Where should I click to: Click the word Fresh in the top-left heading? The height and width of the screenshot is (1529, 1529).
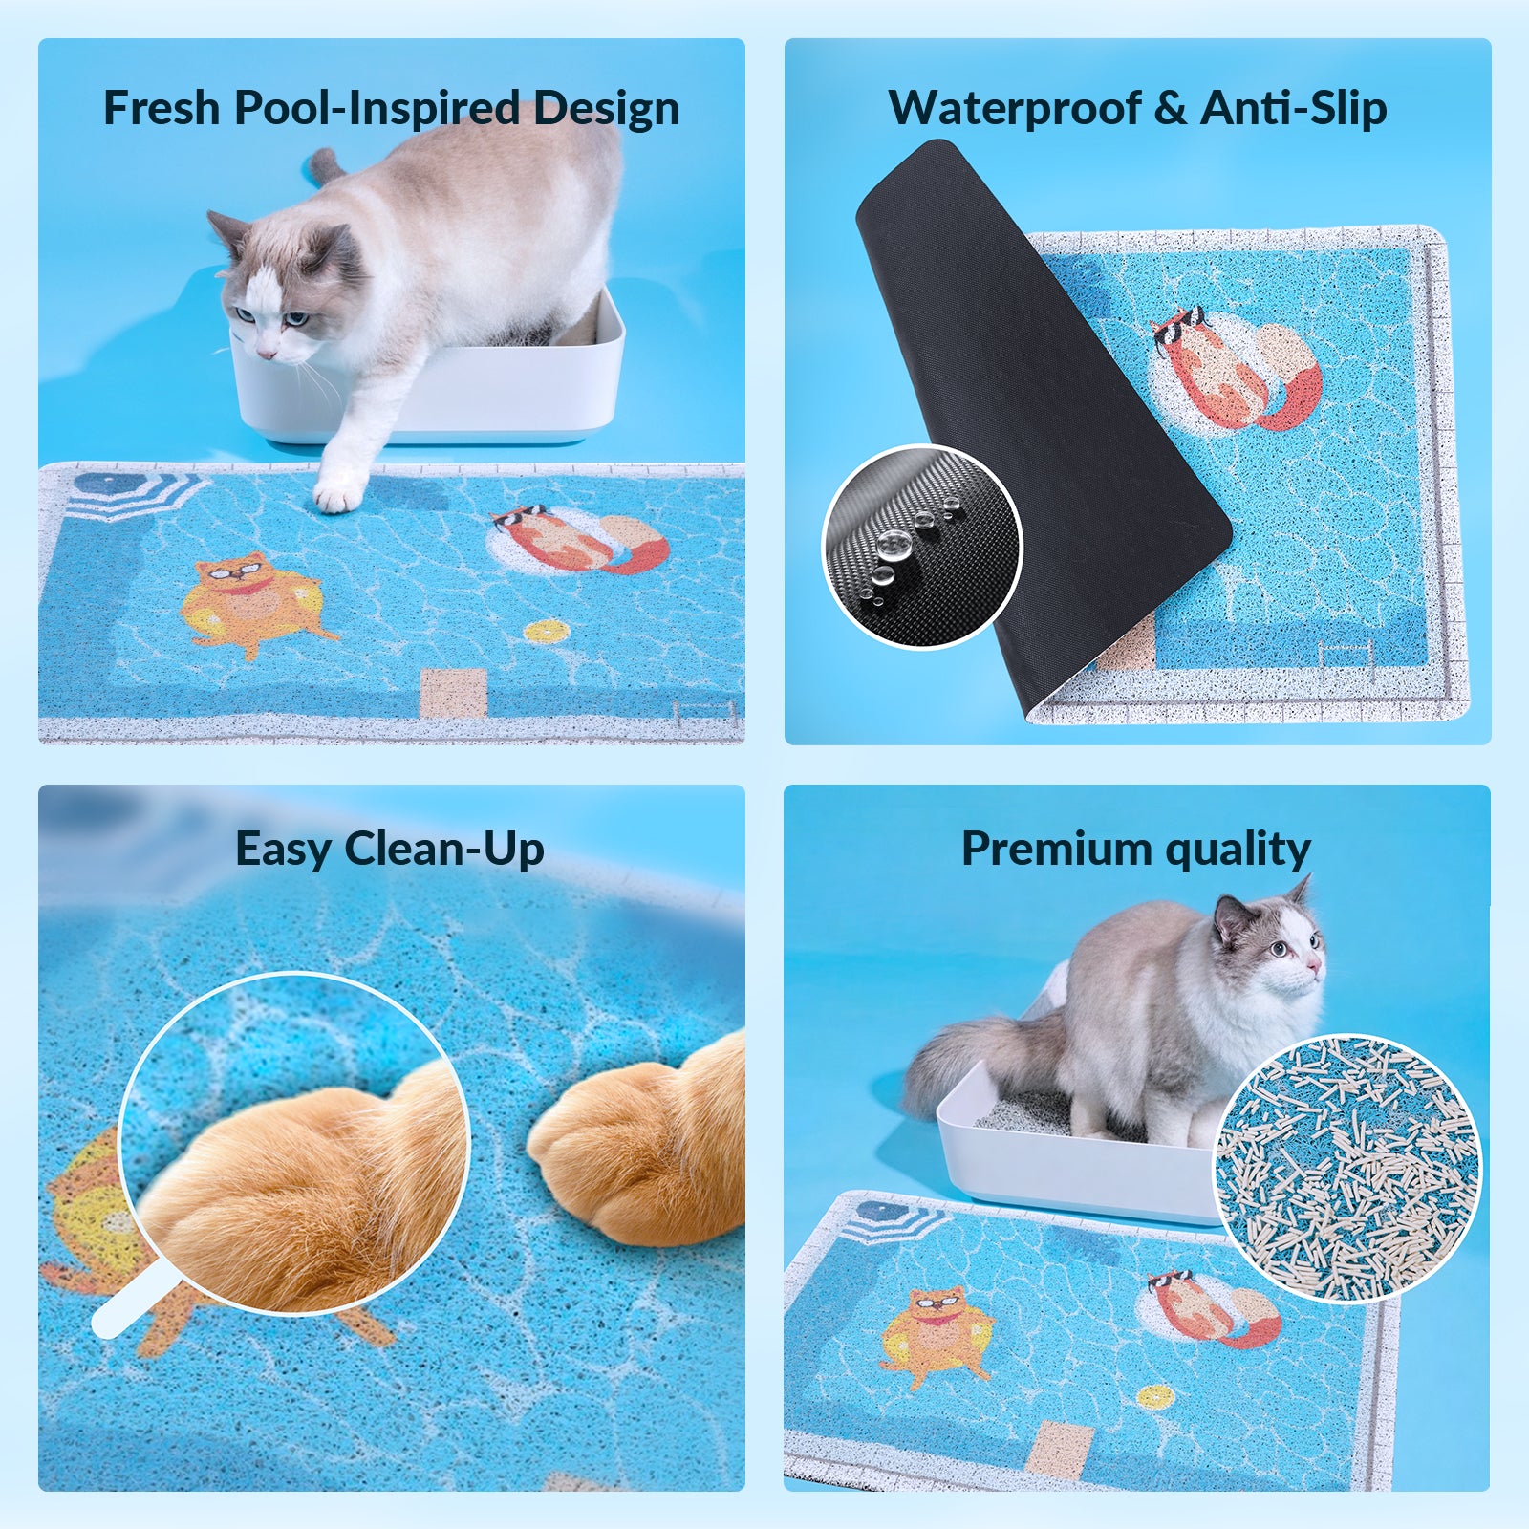click(162, 108)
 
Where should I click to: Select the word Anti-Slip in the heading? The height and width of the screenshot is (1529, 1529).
click(1294, 108)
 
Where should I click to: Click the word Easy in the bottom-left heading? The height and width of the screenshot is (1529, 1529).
click(284, 850)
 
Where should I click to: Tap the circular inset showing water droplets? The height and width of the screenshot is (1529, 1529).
click(922, 548)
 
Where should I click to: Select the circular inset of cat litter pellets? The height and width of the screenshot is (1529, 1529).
click(1346, 1168)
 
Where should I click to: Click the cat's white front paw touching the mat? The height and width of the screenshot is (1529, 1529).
click(338, 493)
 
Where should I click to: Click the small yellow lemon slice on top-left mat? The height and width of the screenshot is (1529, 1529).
click(547, 632)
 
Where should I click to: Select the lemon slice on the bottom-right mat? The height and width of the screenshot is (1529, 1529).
click(1154, 1396)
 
